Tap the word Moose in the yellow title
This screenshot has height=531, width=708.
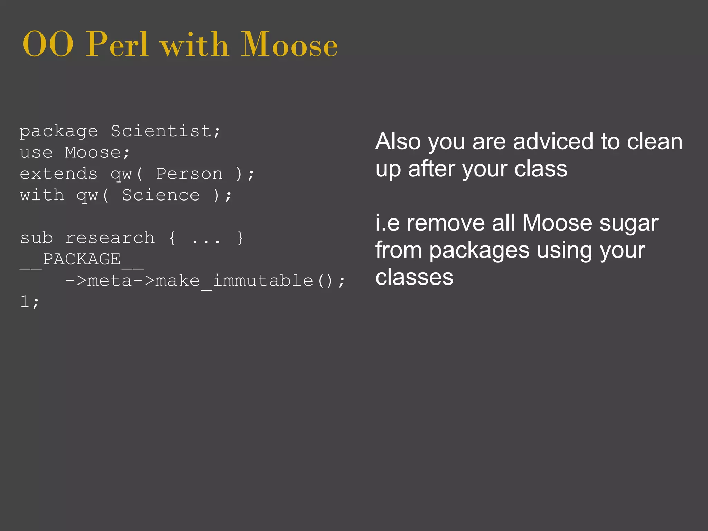[x=289, y=45]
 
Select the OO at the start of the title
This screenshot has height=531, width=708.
[x=48, y=45]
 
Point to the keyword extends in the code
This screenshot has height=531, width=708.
[x=59, y=174]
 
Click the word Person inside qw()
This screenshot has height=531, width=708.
[x=189, y=174]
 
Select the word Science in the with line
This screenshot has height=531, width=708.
[x=161, y=195]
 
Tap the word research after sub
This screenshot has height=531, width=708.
[x=110, y=238]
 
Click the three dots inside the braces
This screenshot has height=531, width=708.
[x=206, y=239]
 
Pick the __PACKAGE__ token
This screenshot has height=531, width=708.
[x=82, y=260]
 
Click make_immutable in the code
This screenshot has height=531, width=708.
[x=234, y=281]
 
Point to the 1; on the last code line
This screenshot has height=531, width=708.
[x=30, y=302]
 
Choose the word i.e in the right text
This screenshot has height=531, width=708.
[x=387, y=223]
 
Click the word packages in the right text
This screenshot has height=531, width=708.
[x=479, y=251]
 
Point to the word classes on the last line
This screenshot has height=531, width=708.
[x=414, y=278]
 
